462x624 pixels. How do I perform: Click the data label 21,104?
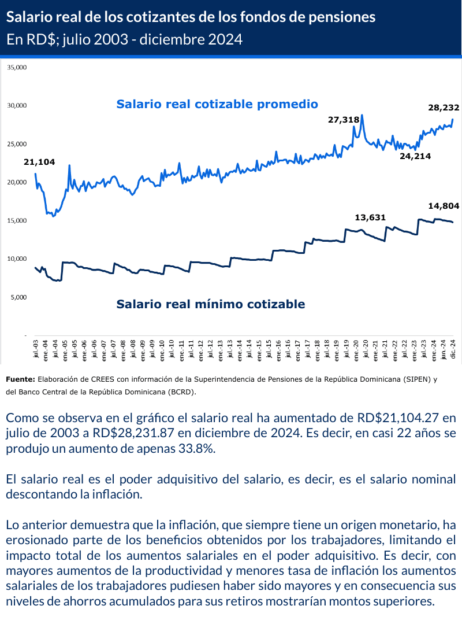(x=39, y=162)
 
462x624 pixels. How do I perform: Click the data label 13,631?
(x=370, y=217)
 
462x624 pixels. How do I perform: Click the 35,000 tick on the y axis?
(x=17, y=67)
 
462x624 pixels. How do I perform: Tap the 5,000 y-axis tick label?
(x=18, y=297)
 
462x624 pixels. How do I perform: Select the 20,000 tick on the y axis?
(x=17, y=182)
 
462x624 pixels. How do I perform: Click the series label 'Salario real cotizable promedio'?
(x=217, y=104)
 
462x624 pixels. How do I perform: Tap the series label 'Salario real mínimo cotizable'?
(x=211, y=304)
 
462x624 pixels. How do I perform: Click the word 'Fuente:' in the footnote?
(x=20, y=379)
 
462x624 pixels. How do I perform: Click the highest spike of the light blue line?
(x=362, y=115)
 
